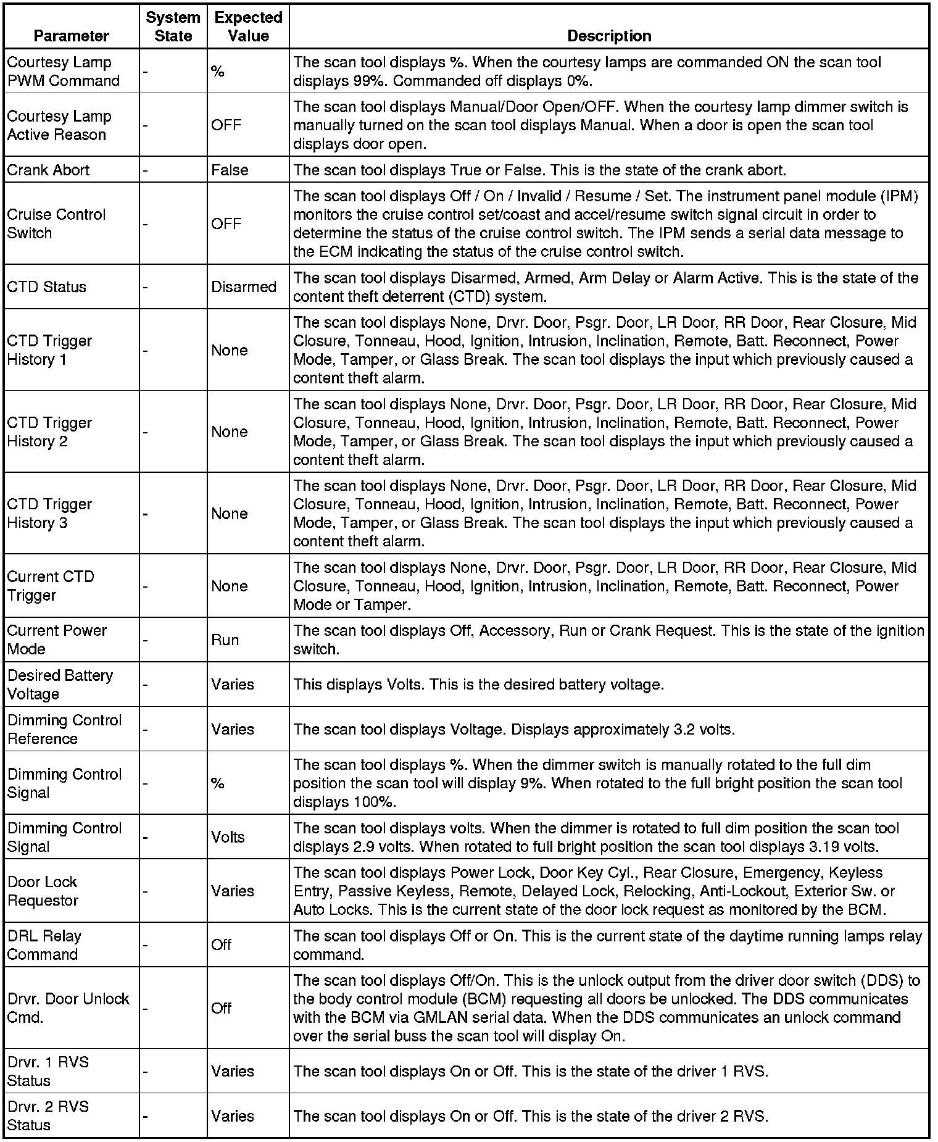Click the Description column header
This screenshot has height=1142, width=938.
point(608,36)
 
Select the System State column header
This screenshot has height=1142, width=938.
point(173,27)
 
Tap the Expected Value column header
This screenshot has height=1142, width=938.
point(248,27)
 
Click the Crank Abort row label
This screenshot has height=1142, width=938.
point(48,170)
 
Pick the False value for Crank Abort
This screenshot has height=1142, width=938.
point(230,170)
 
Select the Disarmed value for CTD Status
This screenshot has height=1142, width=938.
point(244,287)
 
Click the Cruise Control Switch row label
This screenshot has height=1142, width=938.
point(56,223)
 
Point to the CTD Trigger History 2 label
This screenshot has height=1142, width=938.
point(49,432)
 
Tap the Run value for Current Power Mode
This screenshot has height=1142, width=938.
point(225,640)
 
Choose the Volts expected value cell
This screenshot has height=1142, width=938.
point(228,837)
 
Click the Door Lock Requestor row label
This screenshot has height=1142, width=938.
point(43,891)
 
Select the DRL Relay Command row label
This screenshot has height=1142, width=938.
point(44,944)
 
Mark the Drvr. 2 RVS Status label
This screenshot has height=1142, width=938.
point(48,1115)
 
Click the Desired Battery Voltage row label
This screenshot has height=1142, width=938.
point(60,684)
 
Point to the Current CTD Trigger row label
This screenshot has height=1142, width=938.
point(51,586)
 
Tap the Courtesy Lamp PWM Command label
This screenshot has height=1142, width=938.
point(63,71)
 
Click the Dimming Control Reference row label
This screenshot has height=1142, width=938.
point(64,729)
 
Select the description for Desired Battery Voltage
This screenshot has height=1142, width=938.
point(478,685)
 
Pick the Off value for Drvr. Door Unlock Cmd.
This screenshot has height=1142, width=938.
point(221,1008)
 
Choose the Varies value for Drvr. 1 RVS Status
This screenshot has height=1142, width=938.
point(233,1071)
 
